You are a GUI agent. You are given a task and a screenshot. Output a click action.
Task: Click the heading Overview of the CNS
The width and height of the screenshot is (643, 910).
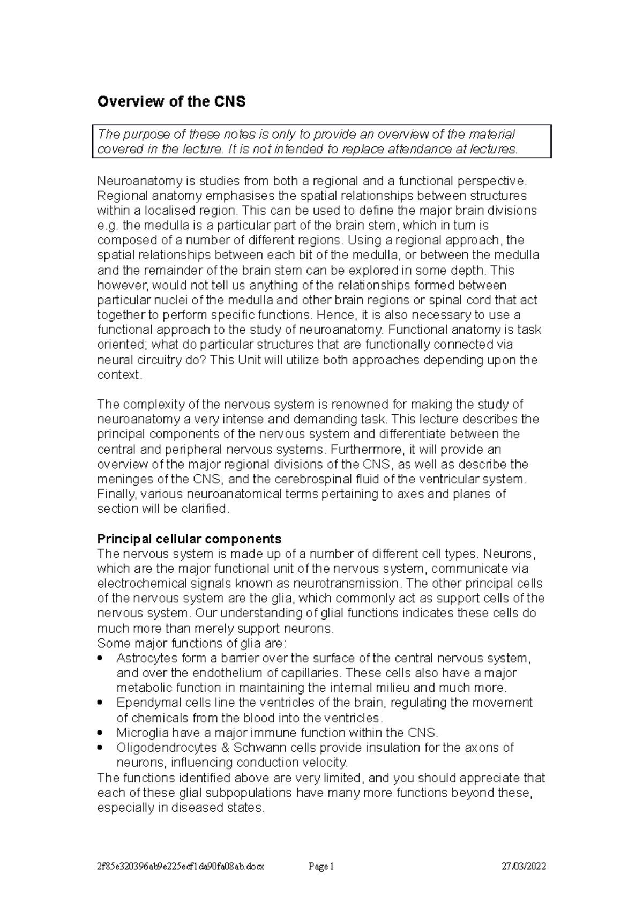(171, 102)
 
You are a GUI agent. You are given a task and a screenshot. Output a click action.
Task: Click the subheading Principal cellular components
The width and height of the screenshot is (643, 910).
(189, 539)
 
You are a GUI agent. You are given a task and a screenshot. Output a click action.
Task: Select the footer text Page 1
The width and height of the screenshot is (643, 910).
(322, 867)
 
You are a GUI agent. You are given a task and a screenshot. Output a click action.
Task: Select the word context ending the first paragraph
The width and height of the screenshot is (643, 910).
(118, 375)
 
